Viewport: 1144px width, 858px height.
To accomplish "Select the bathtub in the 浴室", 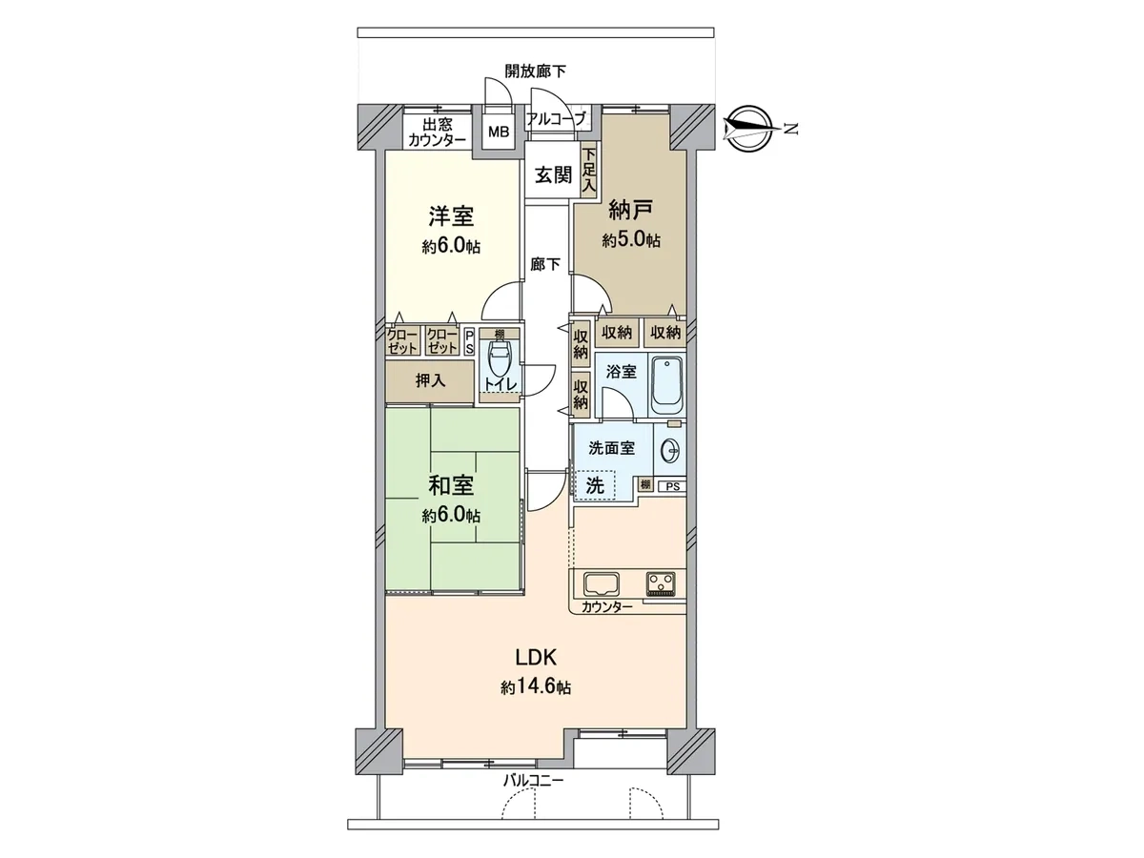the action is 667,384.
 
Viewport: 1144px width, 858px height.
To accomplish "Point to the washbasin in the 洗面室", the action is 670,449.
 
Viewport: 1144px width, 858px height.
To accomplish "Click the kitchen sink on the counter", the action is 601,583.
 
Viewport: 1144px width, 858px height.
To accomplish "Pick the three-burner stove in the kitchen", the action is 662,583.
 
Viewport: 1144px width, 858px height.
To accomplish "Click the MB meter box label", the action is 499,133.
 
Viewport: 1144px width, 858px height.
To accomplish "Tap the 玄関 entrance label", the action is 554,175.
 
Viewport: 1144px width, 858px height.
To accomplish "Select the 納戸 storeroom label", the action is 631,210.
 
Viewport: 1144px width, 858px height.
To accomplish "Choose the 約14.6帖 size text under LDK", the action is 536,687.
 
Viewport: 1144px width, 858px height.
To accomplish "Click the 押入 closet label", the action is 431,380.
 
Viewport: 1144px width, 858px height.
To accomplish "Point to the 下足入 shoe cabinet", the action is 589,171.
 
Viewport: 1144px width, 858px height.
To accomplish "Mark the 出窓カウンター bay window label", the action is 438,132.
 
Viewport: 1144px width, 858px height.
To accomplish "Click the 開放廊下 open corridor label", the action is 535,71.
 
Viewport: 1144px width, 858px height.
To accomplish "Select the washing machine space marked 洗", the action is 595,485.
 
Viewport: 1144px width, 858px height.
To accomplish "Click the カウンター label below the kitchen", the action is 606,607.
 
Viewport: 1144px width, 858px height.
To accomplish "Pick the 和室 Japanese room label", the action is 451,485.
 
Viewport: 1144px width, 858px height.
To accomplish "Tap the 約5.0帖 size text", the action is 631,240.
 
